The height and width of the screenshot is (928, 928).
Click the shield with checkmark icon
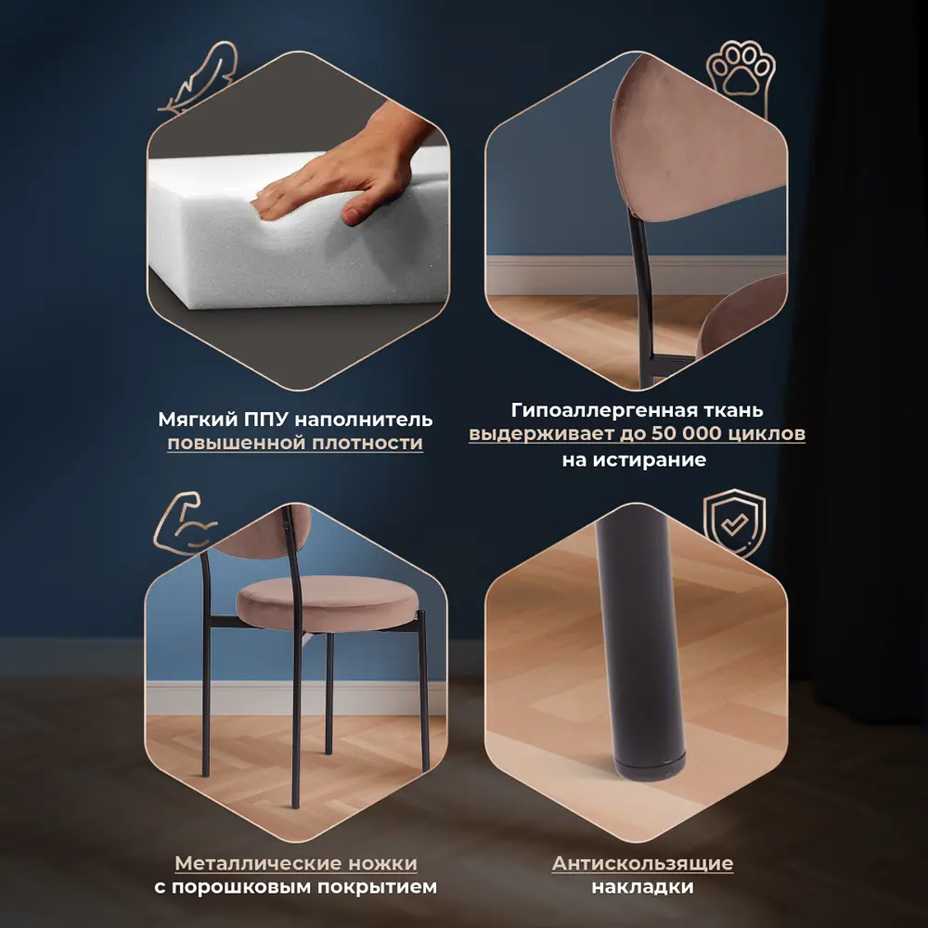click(x=734, y=523)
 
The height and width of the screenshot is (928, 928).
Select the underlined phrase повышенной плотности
click(x=294, y=443)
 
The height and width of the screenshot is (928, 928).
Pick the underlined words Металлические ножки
click(x=295, y=863)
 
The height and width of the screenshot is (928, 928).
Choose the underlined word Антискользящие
click(x=642, y=863)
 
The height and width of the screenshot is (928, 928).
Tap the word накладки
click(x=642, y=887)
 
